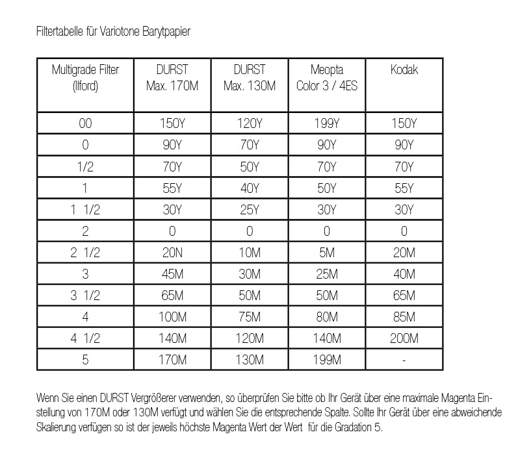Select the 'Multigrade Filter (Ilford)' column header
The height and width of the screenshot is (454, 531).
click(x=85, y=78)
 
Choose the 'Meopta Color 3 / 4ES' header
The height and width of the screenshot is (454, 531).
click(x=326, y=78)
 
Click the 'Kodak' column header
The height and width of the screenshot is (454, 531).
click(x=404, y=70)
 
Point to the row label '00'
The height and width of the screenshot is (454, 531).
click(x=85, y=123)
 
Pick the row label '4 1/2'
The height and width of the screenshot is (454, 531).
click(x=85, y=338)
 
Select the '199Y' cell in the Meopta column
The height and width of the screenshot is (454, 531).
click(x=326, y=123)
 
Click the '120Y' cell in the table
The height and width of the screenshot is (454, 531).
click(x=250, y=123)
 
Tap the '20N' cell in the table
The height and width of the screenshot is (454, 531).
click(x=172, y=253)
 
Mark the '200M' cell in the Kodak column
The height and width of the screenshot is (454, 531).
click(x=404, y=338)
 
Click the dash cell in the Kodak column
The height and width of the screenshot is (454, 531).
click(x=404, y=360)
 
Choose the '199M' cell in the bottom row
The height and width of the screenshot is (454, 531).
click(x=326, y=360)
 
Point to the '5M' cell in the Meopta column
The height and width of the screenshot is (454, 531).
click(x=326, y=253)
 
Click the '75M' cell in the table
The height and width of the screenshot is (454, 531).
click(x=250, y=317)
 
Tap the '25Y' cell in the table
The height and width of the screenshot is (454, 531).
click(x=250, y=210)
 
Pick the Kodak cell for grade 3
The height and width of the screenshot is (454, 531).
click(x=404, y=274)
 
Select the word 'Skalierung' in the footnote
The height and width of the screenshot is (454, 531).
click(x=58, y=429)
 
